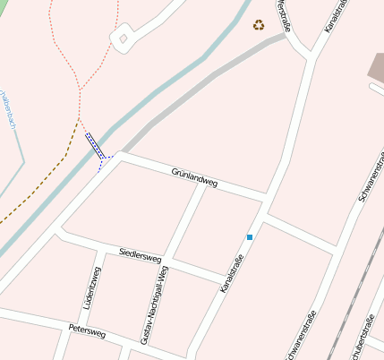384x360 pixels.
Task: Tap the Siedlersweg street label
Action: coord(140,255)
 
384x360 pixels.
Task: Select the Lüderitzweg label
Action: coord(91,288)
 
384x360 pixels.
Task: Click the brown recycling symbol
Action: coord(259,25)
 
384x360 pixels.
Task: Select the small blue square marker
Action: coord(250,237)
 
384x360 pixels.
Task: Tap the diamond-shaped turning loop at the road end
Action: coord(123,39)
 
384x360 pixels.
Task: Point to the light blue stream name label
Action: coord(9,110)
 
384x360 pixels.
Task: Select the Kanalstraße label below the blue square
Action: coord(231,274)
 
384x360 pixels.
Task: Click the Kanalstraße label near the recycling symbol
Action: coord(335,18)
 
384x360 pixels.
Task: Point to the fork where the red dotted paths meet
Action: coord(80,90)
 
